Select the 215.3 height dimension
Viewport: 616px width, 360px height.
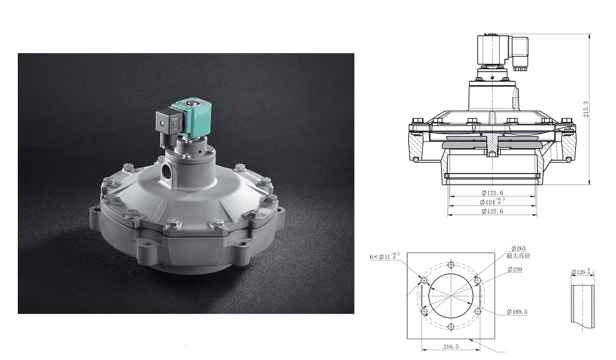(x=586, y=109)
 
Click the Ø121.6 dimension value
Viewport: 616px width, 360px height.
(x=492, y=192)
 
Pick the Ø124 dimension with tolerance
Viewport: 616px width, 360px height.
(x=495, y=202)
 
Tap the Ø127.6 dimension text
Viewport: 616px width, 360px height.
(x=492, y=211)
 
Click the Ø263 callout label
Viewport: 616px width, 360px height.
(x=518, y=249)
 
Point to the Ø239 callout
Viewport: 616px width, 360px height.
(x=515, y=270)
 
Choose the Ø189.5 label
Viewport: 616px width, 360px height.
(x=519, y=312)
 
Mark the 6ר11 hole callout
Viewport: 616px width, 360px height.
(x=385, y=256)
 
